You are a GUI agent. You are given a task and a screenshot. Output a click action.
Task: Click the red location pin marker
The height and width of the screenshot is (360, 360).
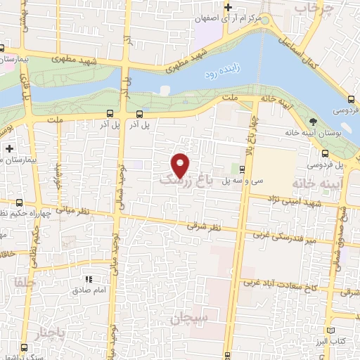coord(180,165)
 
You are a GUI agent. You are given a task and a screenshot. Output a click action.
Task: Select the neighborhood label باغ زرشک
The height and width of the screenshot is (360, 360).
coord(186,181)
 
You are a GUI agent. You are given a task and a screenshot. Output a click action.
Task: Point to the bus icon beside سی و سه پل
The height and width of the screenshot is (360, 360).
coord(242,169)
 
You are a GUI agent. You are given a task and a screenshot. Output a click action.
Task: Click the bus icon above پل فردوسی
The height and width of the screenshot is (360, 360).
coord(324,153)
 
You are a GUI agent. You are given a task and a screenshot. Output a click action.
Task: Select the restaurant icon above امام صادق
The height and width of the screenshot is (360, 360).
coord(89,279)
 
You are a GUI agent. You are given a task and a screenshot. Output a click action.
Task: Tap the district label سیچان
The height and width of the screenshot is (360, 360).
coord(189,318)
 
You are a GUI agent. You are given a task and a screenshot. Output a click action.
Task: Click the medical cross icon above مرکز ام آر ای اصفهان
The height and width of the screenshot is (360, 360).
coord(227,8)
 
